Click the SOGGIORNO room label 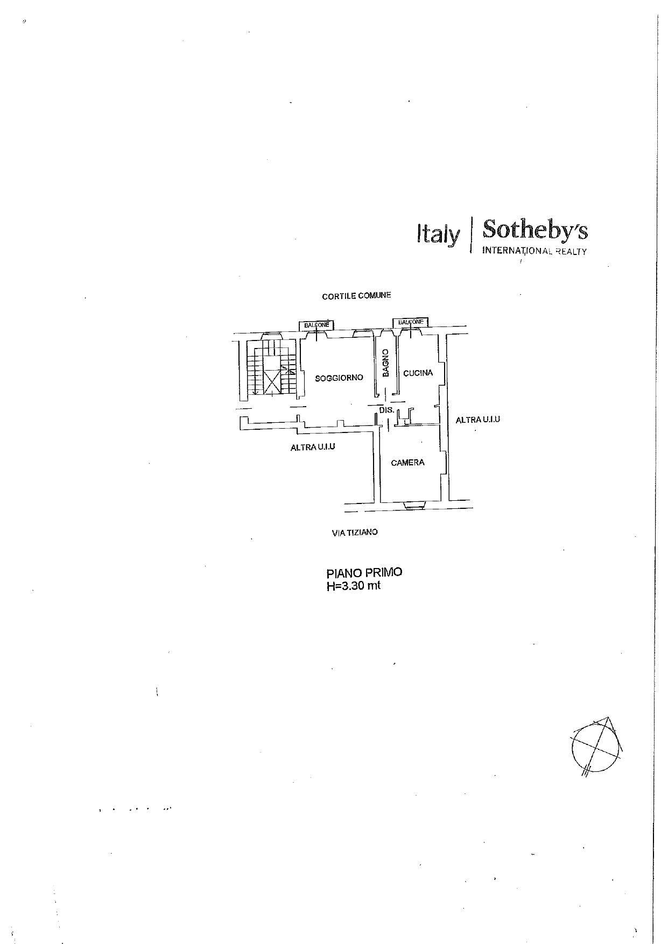[339, 378]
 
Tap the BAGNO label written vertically [386, 363]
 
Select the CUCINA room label [418, 373]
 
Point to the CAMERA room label [407, 462]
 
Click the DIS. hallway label [386, 410]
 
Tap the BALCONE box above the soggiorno [317, 325]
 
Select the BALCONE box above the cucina [411, 322]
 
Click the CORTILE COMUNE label [356, 296]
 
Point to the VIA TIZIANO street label [355, 532]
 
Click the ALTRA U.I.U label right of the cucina [477, 420]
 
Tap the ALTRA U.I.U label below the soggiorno [313, 446]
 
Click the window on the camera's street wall [415, 505]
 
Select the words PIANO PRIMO [364, 573]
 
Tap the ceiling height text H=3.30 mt [353, 586]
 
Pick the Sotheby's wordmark [535, 230]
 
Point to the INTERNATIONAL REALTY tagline [534, 251]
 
